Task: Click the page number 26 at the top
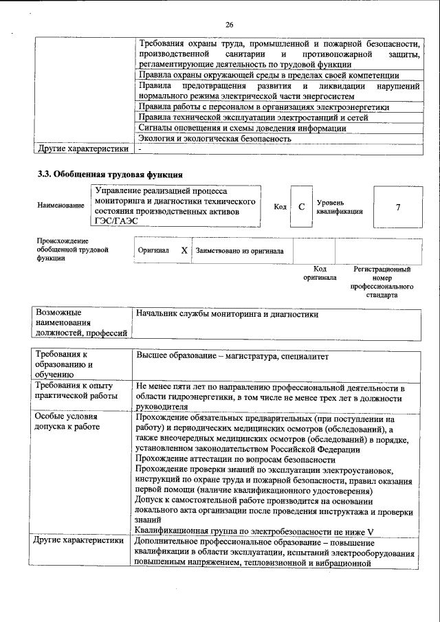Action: [230, 25]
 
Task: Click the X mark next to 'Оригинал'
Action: [184, 251]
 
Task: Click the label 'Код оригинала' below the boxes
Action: [320, 274]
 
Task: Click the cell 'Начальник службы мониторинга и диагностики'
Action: [228, 314]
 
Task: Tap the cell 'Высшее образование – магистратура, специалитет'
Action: [233, 356]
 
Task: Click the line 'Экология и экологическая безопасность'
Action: [214, 138]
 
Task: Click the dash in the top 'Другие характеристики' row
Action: [140, 148]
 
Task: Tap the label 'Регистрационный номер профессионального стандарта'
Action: [382, 282]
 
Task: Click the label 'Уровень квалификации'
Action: [340, 207]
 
